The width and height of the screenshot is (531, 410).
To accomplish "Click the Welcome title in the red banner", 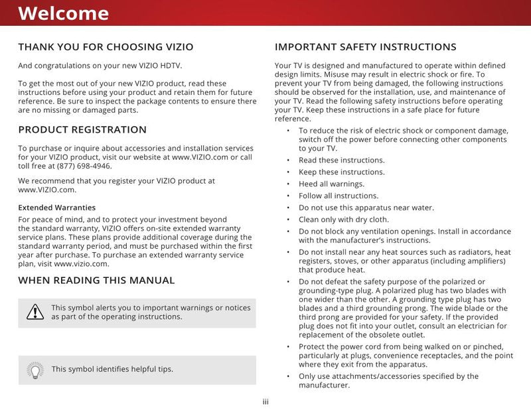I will (x=63, y=13).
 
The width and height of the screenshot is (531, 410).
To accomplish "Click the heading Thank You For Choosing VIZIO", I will (x=106, y=47).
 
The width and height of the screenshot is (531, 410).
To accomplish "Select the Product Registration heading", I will (x=82, y=129).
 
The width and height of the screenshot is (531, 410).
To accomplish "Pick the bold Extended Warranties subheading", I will (x=56, y=208).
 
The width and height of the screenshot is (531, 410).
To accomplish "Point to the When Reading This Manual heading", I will (x=96, y=280).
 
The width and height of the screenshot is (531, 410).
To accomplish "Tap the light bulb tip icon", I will (x=35, y=370).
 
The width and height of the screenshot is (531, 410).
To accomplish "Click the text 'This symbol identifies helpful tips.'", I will (x=112, y=370).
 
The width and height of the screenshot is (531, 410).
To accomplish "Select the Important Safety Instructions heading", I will (x=365, y=47).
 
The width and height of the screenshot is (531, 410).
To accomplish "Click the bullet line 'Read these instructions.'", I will (x=341, y=161).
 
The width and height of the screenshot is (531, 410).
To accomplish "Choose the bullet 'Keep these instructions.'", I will (x=341, y=172).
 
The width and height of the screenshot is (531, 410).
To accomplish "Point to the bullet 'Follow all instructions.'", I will (x=339, y=196).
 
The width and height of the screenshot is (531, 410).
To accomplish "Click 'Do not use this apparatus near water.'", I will (x=366, y=208).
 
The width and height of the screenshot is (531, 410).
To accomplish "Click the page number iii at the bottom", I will (x=265, y=401).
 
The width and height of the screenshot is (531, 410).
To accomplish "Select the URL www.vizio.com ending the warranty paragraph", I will (x=81, y=264).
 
